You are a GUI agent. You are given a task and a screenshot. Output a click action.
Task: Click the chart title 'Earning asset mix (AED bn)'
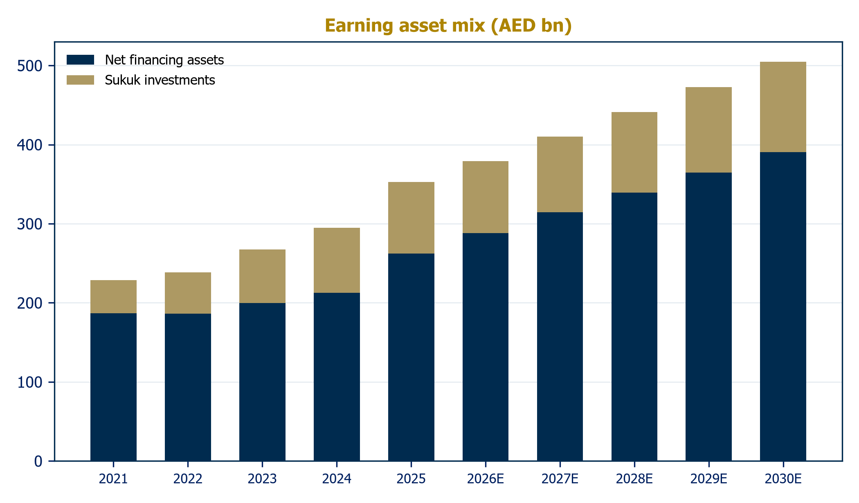(448, 26)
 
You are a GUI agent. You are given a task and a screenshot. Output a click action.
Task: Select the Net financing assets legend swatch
(80, 60)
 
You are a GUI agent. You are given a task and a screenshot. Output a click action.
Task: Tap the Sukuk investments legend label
(160, 80)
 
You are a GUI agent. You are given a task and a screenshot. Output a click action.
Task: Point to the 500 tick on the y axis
(30, 66)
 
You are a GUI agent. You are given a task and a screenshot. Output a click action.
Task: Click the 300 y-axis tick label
(30, 224)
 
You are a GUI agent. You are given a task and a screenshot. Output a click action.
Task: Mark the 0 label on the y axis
(38, 461)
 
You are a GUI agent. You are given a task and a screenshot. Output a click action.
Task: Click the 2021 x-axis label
(113, 479)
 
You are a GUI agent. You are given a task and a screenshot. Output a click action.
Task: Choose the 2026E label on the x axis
(486, 479)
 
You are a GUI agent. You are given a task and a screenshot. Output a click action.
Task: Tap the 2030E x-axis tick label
(783, 479)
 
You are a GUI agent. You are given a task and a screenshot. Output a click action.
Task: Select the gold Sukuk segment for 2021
(113, 297)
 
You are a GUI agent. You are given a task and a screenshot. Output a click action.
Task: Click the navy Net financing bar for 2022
(188, 387)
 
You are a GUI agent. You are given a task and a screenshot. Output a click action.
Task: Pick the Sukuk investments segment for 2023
(262, 276)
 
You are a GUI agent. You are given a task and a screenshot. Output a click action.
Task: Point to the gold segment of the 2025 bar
(411, 218)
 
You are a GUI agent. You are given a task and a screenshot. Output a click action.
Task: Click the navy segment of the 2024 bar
(337, 377)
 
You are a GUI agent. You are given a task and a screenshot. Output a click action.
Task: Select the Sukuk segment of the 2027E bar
(560, 175)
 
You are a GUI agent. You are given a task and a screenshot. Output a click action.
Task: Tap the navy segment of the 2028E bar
(634, 327)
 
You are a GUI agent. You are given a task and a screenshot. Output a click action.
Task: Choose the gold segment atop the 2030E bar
(783, 107)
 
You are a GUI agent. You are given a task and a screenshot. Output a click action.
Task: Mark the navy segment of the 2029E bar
(708, 317)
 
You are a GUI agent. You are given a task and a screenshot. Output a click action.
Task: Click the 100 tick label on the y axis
(30, 382)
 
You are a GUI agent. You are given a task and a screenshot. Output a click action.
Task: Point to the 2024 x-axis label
(337, 479)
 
